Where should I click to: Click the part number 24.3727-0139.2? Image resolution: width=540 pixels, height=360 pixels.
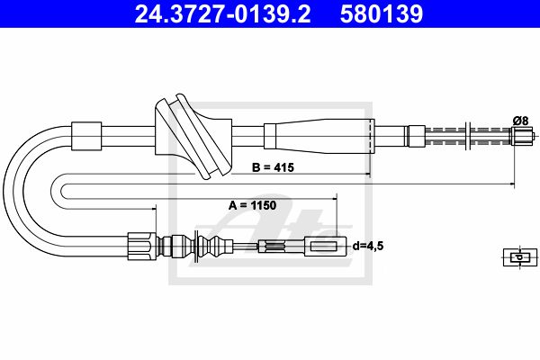coord(222,13)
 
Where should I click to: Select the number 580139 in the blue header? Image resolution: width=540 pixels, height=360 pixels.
coord(382,13)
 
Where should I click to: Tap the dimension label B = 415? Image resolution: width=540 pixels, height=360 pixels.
coord(273,167)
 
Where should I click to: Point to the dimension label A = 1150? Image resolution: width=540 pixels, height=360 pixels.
coord(252,205)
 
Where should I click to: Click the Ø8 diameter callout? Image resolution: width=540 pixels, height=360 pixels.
coord(520,121)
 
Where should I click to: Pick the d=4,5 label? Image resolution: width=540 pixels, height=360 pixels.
coord(368,246)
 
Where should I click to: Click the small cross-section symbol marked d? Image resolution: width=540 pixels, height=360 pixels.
coord(520,257)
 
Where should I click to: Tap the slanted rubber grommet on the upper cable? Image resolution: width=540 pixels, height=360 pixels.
coord(193,137)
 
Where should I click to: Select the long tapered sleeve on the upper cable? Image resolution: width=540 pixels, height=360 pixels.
coord(319,136)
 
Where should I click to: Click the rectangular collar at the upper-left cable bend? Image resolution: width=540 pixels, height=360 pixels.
coord(86,136)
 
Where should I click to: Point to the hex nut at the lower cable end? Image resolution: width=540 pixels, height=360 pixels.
coord(142,246)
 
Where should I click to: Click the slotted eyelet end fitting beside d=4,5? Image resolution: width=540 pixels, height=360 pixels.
coord(325,247)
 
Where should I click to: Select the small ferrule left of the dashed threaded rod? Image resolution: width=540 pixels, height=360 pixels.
coord(417,136)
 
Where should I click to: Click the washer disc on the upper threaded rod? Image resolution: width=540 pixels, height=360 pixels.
coord(467,136)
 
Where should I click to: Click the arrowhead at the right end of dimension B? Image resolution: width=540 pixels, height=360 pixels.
coord(368,174)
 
